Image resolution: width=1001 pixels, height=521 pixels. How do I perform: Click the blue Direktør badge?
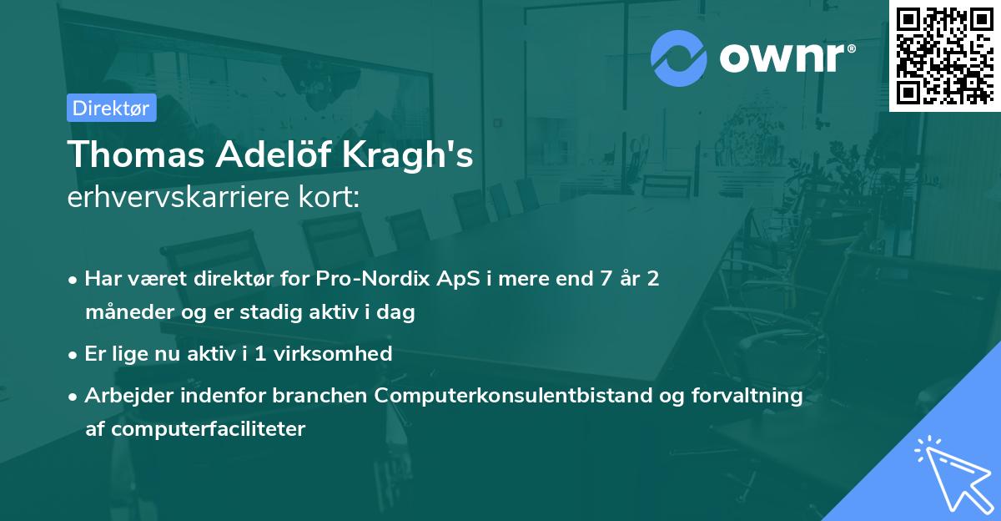[111, 108]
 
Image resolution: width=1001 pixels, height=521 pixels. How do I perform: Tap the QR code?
[944, 55]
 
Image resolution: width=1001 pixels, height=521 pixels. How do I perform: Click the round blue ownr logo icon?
[679, 58]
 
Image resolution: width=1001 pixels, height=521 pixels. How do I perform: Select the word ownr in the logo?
[784, 58]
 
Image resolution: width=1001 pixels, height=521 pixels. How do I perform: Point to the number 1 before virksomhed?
[260, 354]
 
